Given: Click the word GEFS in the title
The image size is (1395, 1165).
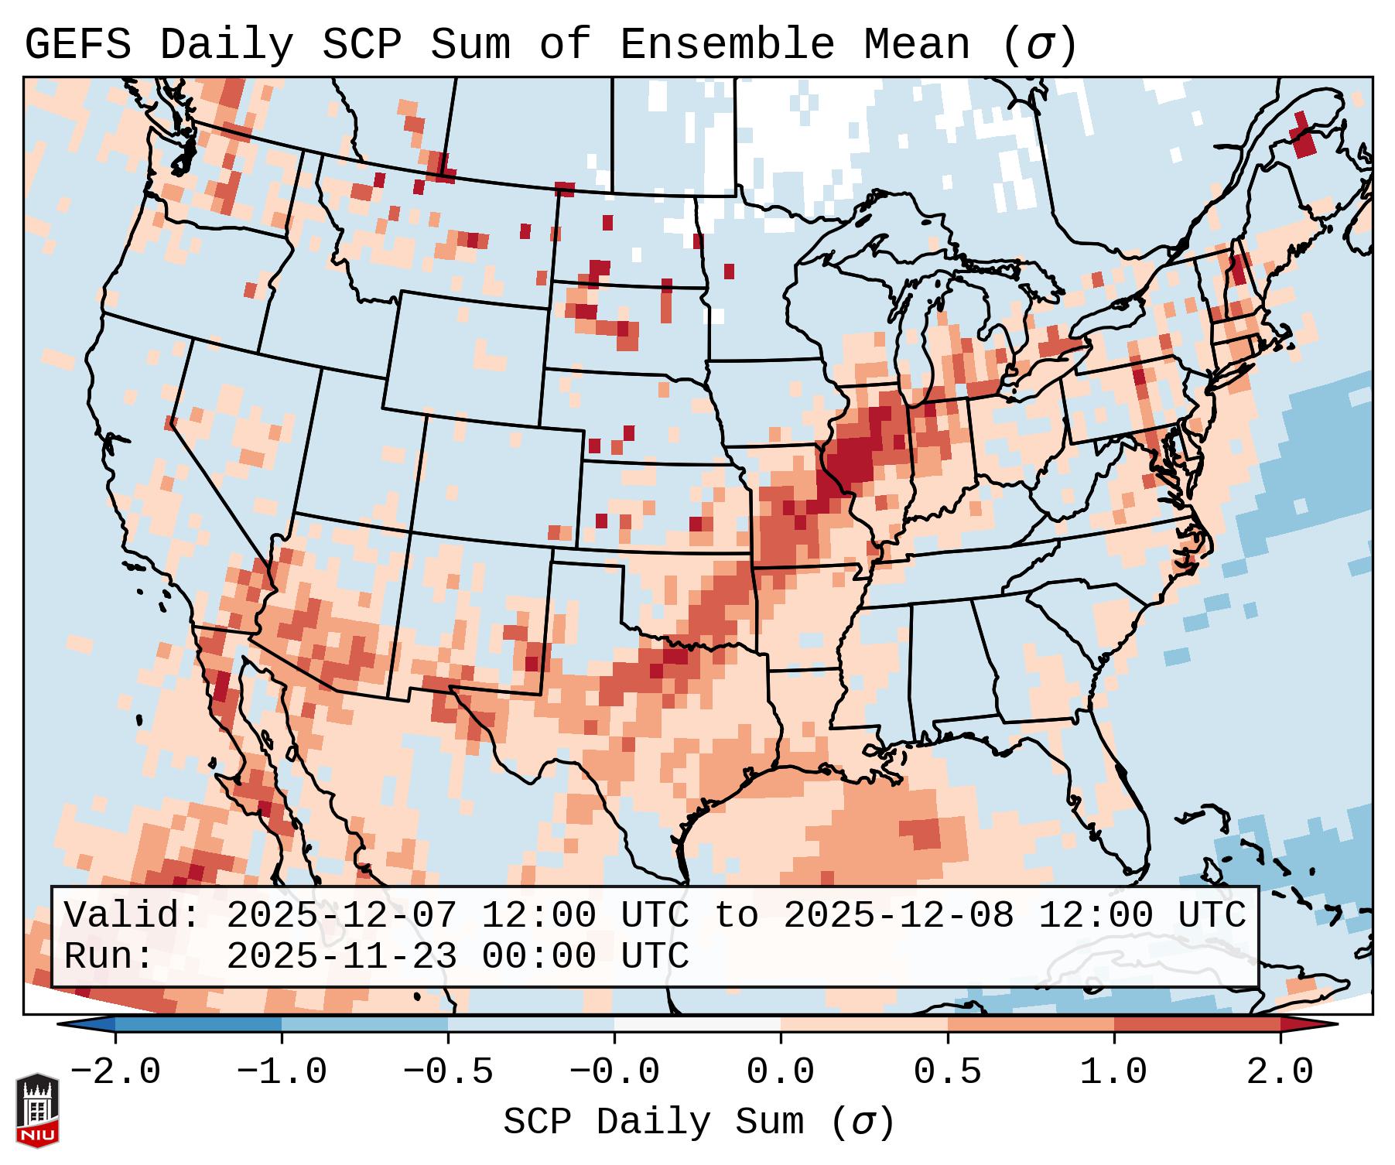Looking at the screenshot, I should tap(77, 46).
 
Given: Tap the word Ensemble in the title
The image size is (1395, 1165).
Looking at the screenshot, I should tap(727, 46).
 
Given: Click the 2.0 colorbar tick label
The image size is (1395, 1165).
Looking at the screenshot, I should tap(1280, 1072).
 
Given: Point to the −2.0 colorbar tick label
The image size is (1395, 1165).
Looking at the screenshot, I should tap(115, 1072).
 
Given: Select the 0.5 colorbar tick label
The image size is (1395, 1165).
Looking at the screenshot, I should tap(948, 1072).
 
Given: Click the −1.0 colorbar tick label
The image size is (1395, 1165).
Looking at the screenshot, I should tap(281, 1072).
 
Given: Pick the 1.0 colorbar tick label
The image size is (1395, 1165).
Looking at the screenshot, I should tap(1114, 1072).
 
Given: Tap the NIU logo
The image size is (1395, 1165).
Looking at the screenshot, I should tap(37, 1110).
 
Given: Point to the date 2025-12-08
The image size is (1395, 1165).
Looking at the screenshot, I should tap(898, 915).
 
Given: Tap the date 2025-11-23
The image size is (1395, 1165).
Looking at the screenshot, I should tap(341, 956).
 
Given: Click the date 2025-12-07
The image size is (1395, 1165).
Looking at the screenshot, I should tap(341, 915).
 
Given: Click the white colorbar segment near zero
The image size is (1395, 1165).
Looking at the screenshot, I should tap(697, 1024).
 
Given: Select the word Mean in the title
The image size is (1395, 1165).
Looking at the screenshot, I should tap(917, 46).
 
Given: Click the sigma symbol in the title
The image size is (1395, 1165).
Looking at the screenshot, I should tap(1039, 46).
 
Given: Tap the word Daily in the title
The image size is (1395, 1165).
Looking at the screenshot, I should tap(226, 46).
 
